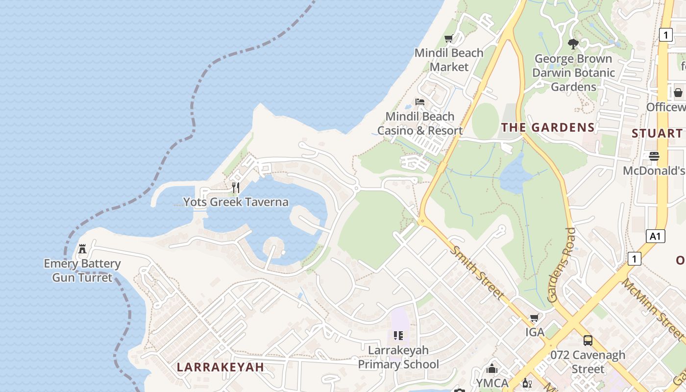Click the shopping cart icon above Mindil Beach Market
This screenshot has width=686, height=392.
tap(448, 39)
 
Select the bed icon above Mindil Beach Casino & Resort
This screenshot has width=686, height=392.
tap(420, 102)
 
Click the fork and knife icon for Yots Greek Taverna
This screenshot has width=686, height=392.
tap(236, 188)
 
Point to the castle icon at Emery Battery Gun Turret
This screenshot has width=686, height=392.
tap(82, 249)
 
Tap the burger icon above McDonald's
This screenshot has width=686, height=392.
tap(654, 156)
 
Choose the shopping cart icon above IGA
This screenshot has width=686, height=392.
tap(535, 318)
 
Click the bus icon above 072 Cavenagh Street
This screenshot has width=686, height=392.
tap(588, 341)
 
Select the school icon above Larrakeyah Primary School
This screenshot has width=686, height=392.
tap(398, 336)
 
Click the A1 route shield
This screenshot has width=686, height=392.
tap(655, 237)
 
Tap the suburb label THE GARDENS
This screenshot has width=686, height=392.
tap(548, 128)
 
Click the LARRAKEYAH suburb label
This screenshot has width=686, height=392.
tap(220, 367)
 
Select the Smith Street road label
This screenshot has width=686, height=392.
tap(477, 272)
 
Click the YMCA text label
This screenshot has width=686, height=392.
tap(492, 383)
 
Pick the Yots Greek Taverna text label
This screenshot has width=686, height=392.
tap(236, 202)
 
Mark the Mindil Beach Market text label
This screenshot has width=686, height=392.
tap(449, 60)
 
